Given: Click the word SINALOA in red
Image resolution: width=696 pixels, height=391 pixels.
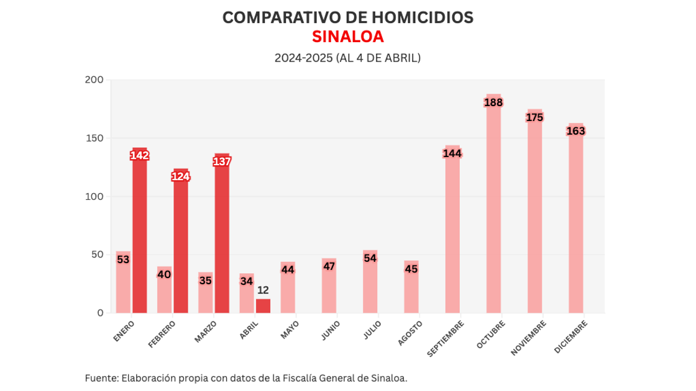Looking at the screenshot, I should (x=347, y=37).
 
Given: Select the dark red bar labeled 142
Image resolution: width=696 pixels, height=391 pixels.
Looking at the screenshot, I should (x=140, y=236).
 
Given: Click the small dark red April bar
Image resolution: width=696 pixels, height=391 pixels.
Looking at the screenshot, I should (x=263, y=306).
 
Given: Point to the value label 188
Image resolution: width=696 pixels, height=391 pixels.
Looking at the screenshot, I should (x=493, y=102).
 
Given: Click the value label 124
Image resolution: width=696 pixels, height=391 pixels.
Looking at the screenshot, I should (x=181, y=176).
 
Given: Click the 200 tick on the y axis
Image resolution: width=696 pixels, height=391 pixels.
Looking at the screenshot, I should (x=94, y=80).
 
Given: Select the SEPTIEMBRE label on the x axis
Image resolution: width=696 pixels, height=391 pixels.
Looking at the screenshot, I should (x=445, y=339).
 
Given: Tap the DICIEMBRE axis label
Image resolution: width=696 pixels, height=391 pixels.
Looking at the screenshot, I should (x=570, y=338).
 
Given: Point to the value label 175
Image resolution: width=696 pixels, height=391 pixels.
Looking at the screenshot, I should (x=534, y=117).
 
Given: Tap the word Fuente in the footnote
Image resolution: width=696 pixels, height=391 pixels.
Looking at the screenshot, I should (x=101, y=377).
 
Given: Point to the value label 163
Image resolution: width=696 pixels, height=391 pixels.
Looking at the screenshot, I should (x=575, y=131).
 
